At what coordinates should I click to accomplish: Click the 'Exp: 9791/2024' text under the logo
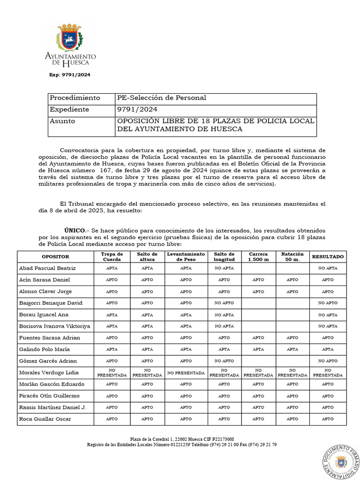pos(70,75)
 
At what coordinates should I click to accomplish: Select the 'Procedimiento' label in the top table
pos(75,98)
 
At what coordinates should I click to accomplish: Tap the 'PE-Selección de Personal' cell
pos(161,98)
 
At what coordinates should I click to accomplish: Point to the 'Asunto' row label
pos(62,121)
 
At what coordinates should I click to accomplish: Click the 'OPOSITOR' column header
pos(55,257)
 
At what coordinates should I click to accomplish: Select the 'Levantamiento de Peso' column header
pos(186,256)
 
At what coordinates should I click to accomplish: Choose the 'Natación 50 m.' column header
pos(292,256)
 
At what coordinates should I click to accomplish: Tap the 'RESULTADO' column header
pos(328,257)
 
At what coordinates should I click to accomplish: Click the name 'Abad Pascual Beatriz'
pos(47,269)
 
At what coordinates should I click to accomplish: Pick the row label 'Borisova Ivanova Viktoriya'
pos(54,326)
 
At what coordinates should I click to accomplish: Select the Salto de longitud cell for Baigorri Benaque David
pos(224,303)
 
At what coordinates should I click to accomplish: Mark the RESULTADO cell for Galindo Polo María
pos(328,349)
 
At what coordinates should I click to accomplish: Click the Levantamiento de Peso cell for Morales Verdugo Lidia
pos(186,373)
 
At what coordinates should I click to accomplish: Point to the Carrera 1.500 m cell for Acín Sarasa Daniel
pos(258,280)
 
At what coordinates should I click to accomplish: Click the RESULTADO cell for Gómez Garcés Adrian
pos(328,361)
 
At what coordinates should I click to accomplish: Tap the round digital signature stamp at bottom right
pos(341,462)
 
